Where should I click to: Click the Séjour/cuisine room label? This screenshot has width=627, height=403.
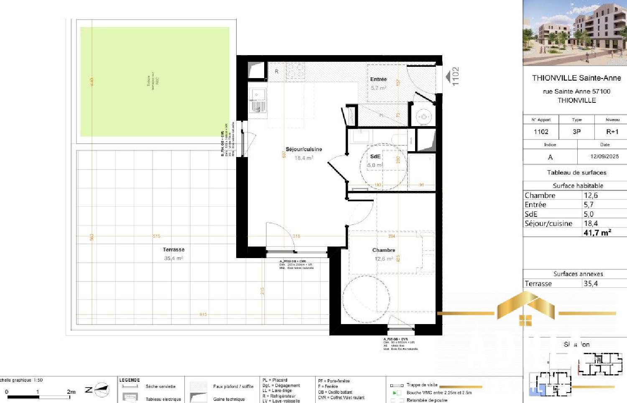pos(304,149)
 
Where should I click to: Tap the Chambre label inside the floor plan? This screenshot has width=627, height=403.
pos(383,250)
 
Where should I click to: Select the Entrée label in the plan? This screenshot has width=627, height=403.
pos(378,79)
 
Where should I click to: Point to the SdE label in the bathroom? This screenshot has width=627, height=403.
pos(375,156)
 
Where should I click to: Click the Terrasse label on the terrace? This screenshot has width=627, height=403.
pos(173,250)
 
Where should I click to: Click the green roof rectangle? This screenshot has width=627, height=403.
pos(155,81)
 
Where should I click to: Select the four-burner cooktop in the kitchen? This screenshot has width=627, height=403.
pos(295,71)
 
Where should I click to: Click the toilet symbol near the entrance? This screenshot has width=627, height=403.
pos(423,117)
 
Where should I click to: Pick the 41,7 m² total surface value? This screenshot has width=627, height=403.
pos(597,233)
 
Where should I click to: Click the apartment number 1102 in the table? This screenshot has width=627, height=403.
pos(541,132)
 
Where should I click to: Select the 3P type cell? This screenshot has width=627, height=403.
pos(576,132)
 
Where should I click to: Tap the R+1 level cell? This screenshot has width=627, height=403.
pos(612,132)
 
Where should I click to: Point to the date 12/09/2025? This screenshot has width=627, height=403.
pos(604,157)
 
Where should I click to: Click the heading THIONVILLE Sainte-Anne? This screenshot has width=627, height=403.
pos(576,78)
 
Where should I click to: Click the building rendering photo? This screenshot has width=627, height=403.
pos(575,33)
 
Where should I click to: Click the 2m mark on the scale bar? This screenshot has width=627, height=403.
pos(71,392)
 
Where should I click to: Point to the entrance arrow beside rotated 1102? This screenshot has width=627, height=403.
pos(448,76)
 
